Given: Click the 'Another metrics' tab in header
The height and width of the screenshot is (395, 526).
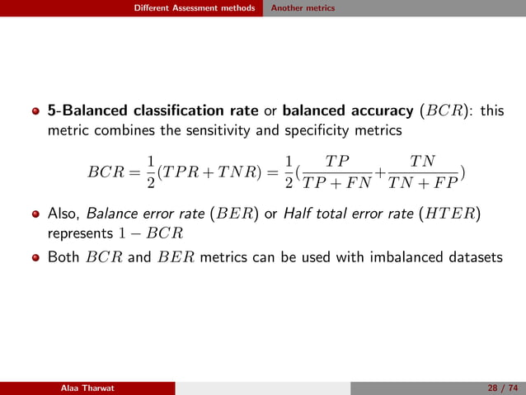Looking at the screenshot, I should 303,8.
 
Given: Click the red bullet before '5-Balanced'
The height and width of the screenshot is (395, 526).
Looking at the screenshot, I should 35,111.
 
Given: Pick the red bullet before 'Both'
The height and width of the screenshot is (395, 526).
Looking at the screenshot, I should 35,257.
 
